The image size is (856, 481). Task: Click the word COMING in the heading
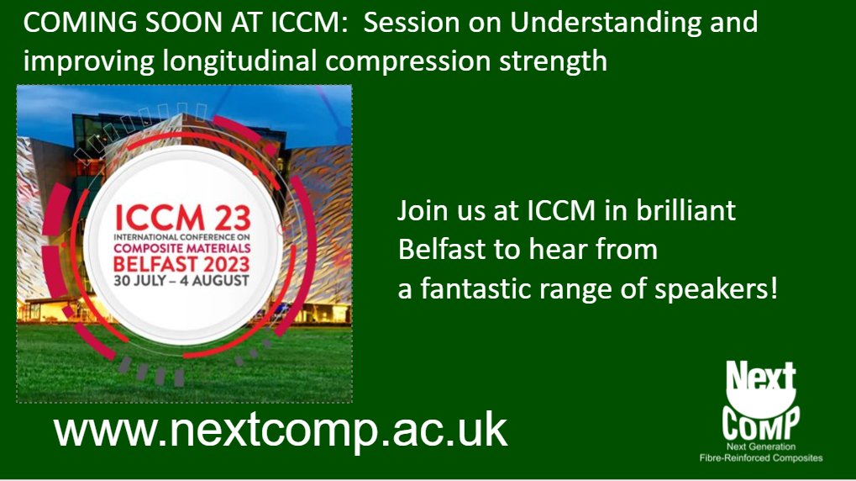[68, 23]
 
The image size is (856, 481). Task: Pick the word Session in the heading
[409, 23]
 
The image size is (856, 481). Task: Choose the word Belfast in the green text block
[439, 250]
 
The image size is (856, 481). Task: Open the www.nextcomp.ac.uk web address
[281, 430]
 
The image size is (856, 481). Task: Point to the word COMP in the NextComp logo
[761, 416]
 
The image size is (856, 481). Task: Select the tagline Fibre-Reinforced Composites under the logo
[761, 457]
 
